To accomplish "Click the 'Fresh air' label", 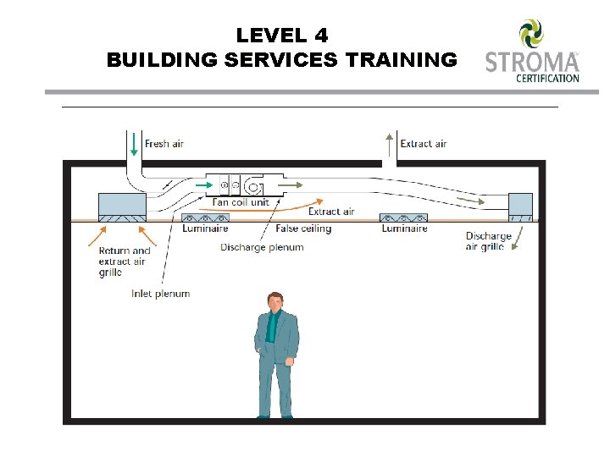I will click(x=164, y=144).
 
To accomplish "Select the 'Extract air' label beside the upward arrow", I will click(x=423, y=144).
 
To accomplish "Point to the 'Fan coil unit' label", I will click(x=241, y=202).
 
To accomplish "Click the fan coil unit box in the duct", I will click(x=241, y=184).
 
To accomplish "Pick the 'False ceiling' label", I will click(x=303, y=228).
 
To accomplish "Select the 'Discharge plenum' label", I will click(x=262, y=247).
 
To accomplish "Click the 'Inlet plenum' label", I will click(x=160, y=294).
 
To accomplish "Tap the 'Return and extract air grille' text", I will click(x=125, y=262).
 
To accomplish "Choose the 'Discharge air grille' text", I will click(x=489, y=241).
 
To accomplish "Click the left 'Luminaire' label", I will click(x=205, y=228).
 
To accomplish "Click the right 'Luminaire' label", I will click(x=404, y=228).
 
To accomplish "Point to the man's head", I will click(x=274, y=300).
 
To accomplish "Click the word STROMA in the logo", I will click(x=531, y=63).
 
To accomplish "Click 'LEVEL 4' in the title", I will click(x=282, y=36).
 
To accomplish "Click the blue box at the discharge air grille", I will click(x=520, y=204).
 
